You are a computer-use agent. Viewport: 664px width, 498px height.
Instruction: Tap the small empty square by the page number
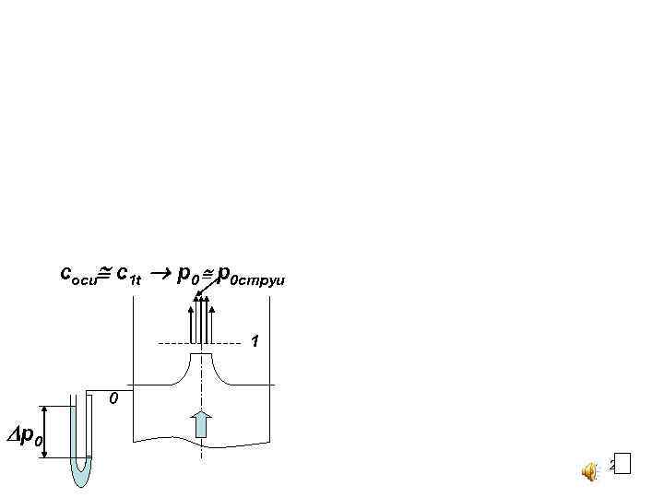tap(622, 464)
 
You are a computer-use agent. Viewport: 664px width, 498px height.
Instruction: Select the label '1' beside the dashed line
tap(255, 342)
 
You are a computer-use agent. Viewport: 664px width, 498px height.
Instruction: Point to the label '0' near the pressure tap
tap(112, 399)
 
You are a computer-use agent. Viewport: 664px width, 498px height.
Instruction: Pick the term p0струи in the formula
tap(254, 275)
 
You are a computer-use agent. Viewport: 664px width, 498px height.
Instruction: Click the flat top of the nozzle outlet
tap(201, 353)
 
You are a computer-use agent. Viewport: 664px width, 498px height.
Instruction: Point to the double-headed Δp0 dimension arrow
tap(46, 432)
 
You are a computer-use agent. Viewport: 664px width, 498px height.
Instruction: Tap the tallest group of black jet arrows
tap(201, 318)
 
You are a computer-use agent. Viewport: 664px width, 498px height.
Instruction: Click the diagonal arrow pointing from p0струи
tap(208, 285)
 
